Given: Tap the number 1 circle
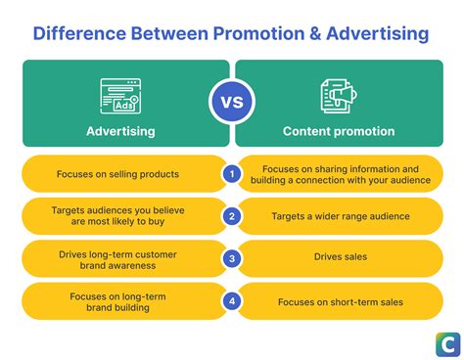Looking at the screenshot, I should tap(232, 174).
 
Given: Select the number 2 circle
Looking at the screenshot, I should tap(232, 216).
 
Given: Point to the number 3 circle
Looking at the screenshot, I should tap(232, 259).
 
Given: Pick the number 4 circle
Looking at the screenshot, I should tap(232, 301).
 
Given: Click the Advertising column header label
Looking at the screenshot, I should tap(120, 131).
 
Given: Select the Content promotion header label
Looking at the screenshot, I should tap(340, 131).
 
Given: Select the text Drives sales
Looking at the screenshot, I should tap(341, 259).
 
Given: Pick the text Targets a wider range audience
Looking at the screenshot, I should tap(341, 216).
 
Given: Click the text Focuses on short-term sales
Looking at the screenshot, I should tap(341, 301).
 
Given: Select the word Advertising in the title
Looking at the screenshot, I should tap(370, 34).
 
